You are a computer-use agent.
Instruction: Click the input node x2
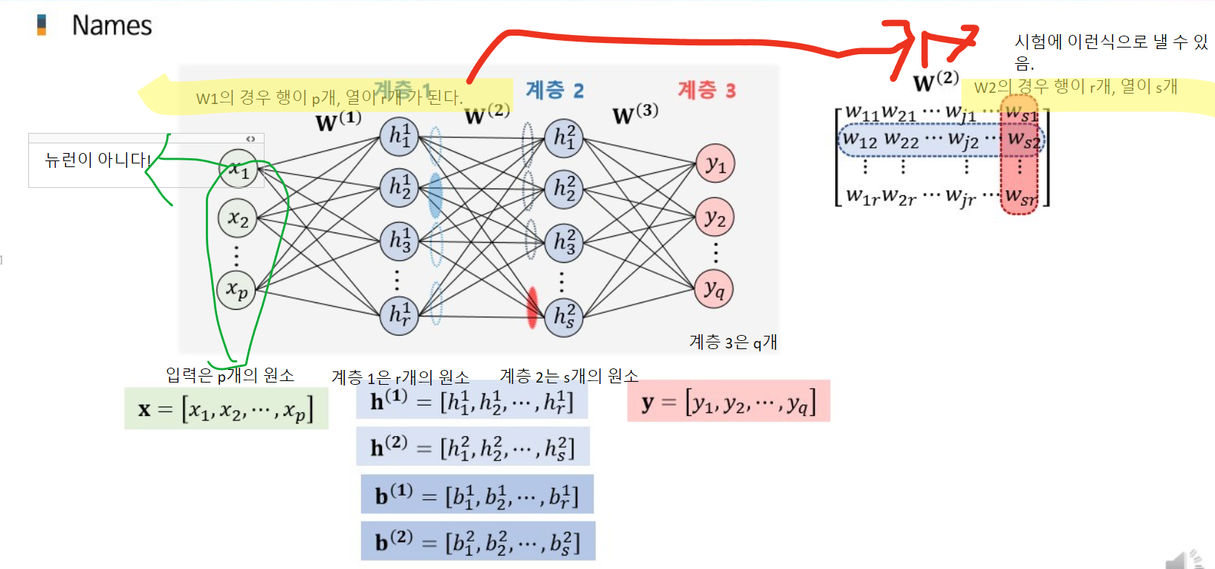pos(238,218)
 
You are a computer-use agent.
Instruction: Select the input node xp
pos(236,290)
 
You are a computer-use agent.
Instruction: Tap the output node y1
pos(715,164)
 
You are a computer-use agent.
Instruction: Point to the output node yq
pos(714,289)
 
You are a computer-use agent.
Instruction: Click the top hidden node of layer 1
pos(399,136)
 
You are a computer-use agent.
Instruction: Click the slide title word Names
pos(111,26)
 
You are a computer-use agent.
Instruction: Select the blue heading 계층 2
pos(554,91)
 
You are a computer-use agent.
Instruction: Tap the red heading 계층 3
pos(706,91)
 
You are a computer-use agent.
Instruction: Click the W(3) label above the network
pos(635,114)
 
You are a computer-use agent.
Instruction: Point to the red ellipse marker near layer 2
pos(532,308)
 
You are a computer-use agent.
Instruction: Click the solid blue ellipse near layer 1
pos(435,195)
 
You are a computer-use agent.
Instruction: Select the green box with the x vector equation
pos(226,409)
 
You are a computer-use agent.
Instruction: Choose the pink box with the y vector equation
pos(728,402)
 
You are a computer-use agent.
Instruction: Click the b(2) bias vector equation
pos(478,541)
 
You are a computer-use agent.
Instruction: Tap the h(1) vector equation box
pos(472,401)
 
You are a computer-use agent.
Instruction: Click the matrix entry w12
pos(861,140)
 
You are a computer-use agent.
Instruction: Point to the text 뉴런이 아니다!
pos(97,160)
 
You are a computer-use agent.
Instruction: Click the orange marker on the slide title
pos(42,25)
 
